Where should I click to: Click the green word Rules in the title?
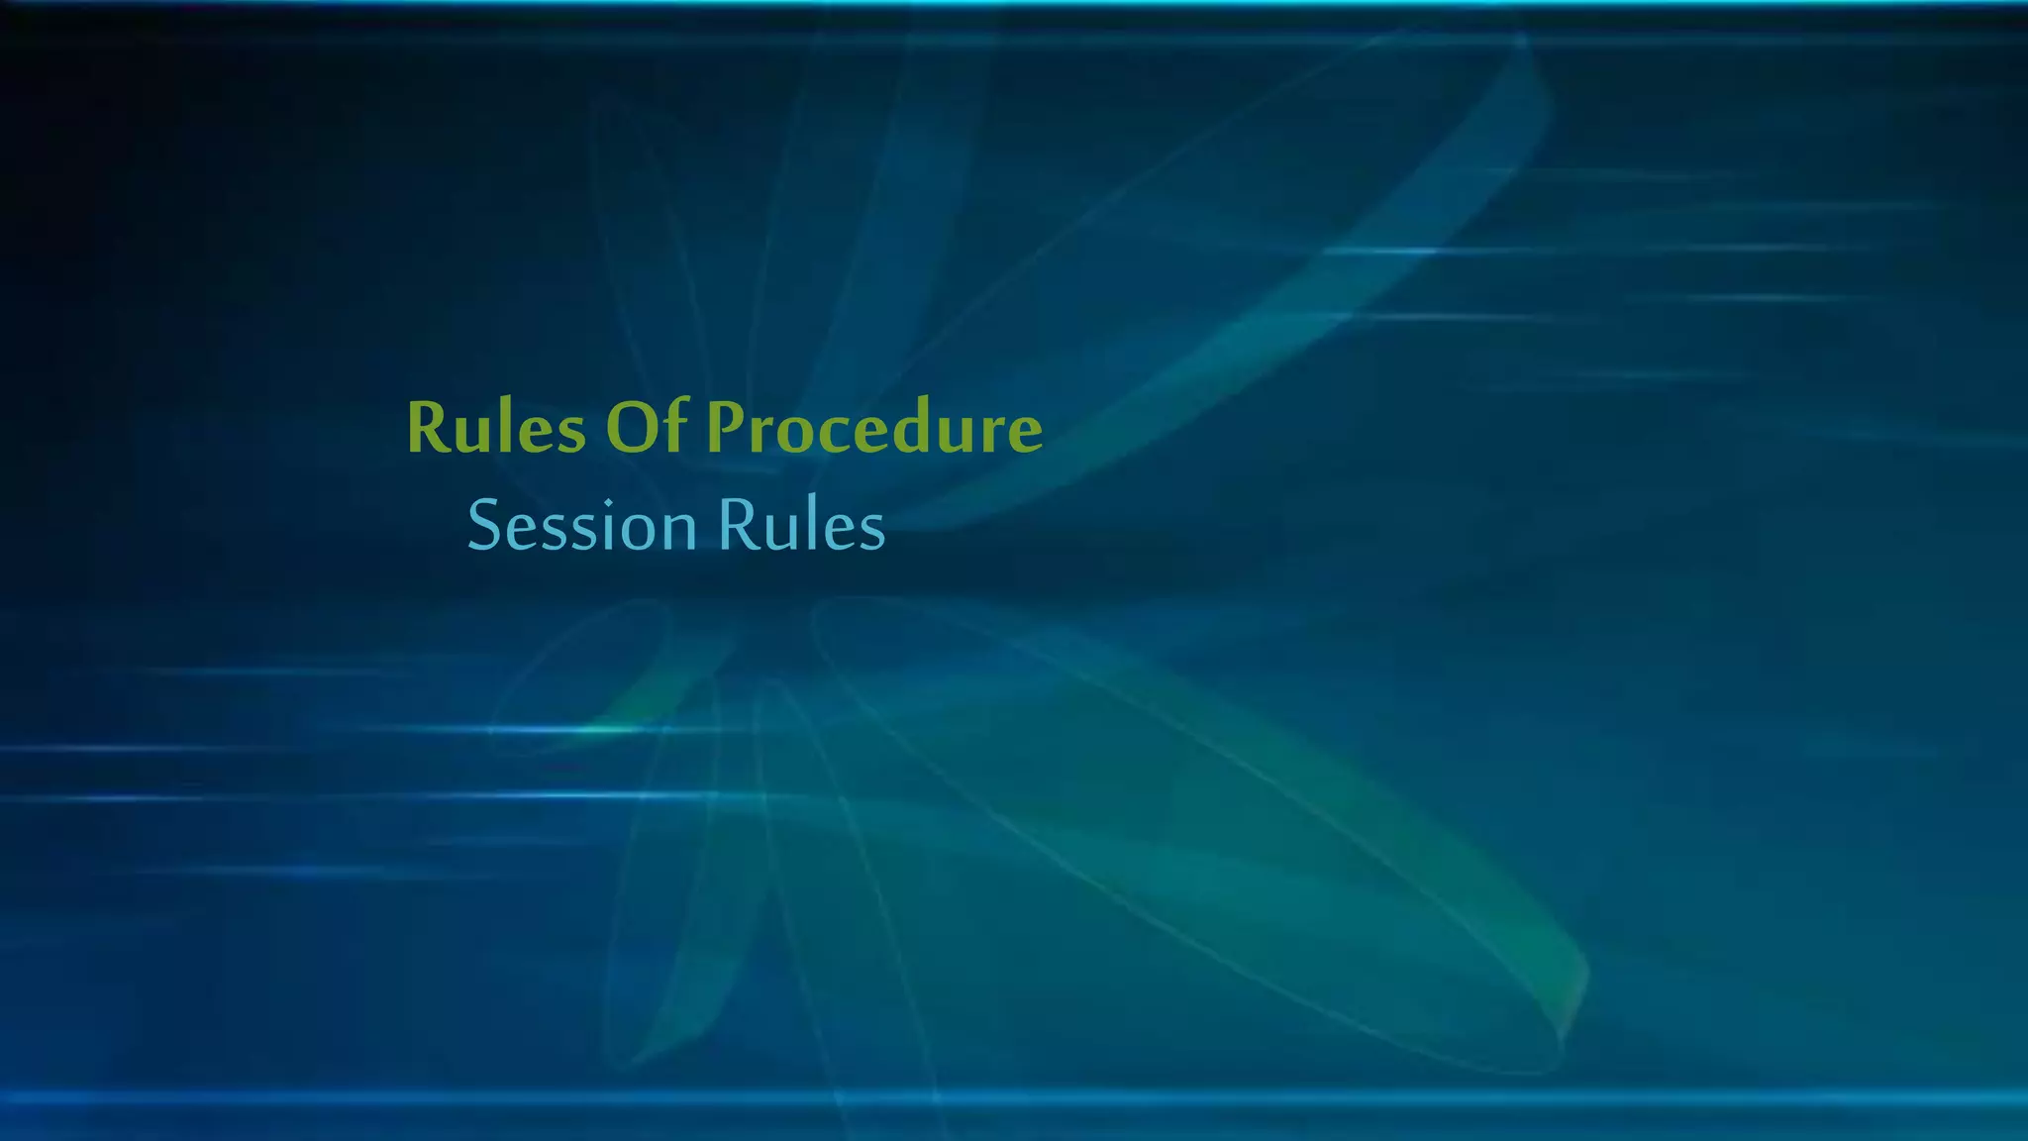point(496,428)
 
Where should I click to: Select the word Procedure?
point(874,428)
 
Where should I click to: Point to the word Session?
point(582,525)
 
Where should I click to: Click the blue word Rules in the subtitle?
point(801,525)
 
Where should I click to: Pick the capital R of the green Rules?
point(428,428)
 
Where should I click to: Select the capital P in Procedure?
point(727,428)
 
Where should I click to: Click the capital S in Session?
point(484,525)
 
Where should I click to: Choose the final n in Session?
point(679,531)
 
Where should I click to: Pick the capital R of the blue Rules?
point(737,525)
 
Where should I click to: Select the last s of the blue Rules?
point(872,531)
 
